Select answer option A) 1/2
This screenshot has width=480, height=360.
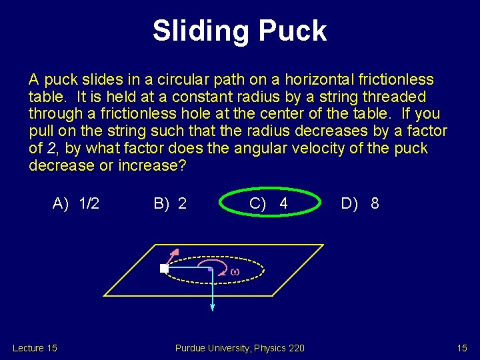[76, 203]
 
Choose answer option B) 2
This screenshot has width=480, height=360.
[170, 203]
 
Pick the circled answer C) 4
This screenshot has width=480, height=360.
[269, 203]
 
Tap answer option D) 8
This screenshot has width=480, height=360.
[360, 203]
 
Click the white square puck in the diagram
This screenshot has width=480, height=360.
[164, 268]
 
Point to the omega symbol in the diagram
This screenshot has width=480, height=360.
[234, 271]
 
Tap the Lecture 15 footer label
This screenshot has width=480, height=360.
[35, 348]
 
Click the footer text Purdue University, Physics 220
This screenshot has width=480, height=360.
[239, 348]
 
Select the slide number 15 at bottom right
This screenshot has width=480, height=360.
[462, 348]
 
